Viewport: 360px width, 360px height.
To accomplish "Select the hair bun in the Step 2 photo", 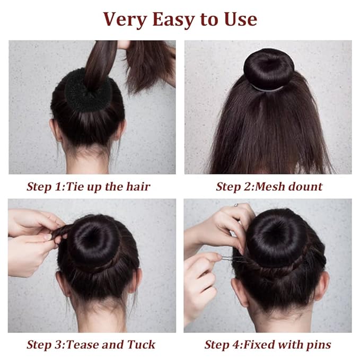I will pyautogui.click(x=269, y=68).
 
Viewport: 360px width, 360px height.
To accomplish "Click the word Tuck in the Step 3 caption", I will pyautogui.click(x=141, y=345).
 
